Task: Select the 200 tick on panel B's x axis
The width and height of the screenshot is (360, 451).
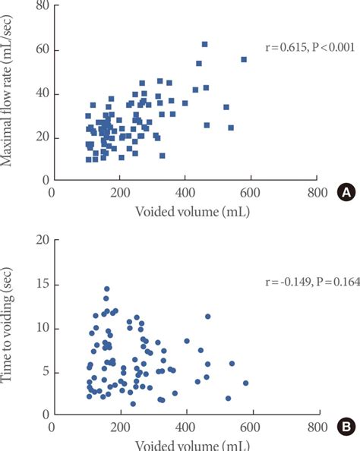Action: [x=118, y=427]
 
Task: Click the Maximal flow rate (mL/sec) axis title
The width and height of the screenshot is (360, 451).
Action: [x=12, y=93]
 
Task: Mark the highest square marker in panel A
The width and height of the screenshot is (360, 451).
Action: [x=204, y=44]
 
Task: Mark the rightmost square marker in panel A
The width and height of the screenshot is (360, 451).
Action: [x=244, y=59]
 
